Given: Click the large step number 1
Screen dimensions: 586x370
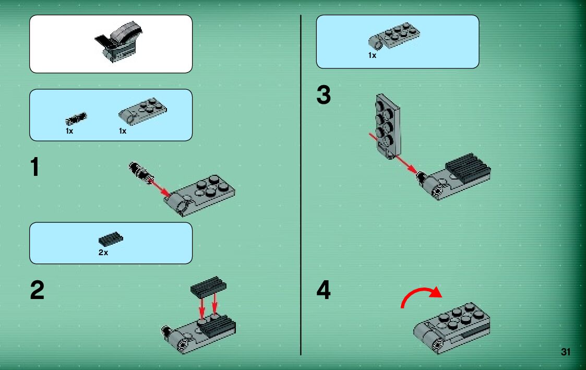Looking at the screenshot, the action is click(35, 166).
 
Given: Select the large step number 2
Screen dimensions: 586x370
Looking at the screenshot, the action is click(37, 290).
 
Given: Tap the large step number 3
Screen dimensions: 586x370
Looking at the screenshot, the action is click(324, 94).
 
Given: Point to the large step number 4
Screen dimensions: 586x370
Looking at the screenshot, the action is click(324, 290).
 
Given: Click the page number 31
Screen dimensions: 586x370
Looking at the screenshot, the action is click(566, 352).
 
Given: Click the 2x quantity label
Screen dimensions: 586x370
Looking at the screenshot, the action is click(103, 253).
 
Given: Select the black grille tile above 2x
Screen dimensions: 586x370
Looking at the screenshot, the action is click(111, 239).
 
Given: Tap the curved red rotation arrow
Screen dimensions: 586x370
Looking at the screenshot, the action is click(421, 294).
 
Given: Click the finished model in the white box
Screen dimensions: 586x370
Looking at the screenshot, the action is click(119, 42).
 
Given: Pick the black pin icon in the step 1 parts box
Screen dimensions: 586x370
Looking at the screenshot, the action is click(76, 119).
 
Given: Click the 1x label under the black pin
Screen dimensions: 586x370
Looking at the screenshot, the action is click(69, 131).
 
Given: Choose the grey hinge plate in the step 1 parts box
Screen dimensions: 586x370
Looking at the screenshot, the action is click(142, 111).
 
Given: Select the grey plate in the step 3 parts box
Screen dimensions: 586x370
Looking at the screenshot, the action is click(393, 36).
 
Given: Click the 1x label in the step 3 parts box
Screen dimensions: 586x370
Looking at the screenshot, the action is click(372, 55).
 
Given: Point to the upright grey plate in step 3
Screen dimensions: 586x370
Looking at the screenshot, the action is click(388, 126).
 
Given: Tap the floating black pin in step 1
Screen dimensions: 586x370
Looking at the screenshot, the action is click(141, 173).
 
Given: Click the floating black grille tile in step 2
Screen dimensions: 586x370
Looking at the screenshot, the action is click(208, 287).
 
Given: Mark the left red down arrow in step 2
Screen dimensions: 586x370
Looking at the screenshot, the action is click(202, 308).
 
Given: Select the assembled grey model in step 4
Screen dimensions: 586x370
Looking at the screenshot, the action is click(452, 327).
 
